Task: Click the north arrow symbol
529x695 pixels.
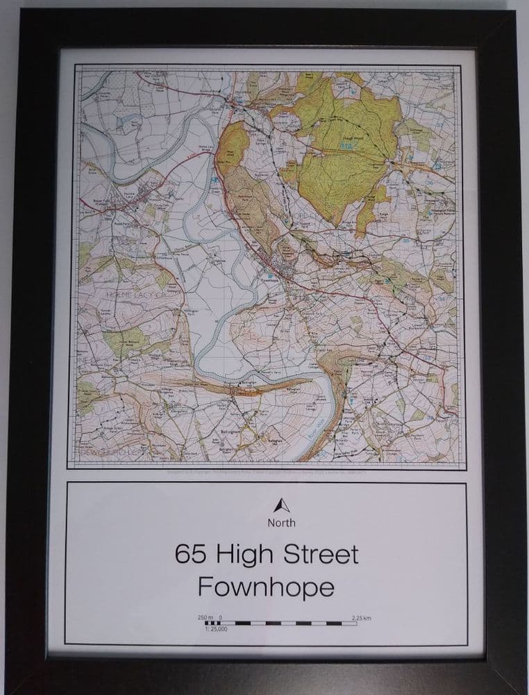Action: [x=281, y=505]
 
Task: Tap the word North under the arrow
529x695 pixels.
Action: [x=281, y=523]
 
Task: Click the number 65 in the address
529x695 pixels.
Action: [x=189, y=555]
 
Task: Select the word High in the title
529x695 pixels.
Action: [x=240, y=555]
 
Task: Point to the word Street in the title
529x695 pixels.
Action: [x=317, y=555]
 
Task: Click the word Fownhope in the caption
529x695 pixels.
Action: [x=266, y=587]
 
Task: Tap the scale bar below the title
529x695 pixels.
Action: [x=277, y=623]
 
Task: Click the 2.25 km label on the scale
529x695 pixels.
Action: [x=362, y=617]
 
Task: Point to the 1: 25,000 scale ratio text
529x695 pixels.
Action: [x=217, y=629]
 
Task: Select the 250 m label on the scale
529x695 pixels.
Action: [x=205, y=617]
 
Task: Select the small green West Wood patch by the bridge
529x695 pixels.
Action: [x=233, y=142]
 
